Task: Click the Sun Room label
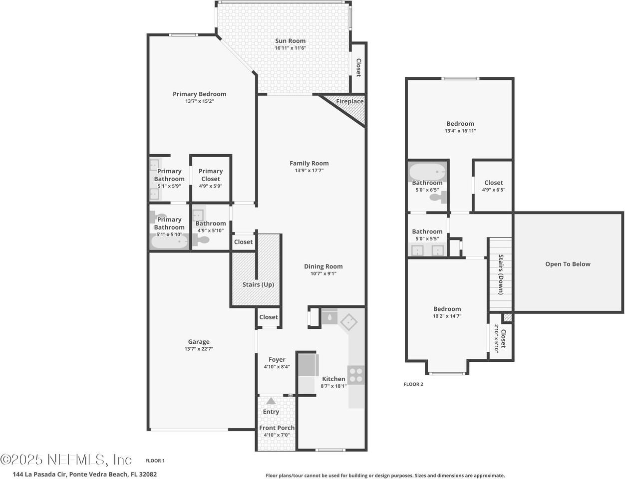point(290,41)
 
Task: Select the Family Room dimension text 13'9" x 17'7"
point(309,170)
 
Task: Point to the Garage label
point(199,342)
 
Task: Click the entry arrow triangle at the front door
point(271,401)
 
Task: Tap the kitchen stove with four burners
point(356,375)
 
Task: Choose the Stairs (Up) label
point(258,284)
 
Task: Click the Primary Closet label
point(211,175)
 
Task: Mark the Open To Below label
point(568,264)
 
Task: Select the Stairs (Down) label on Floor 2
point(501,274)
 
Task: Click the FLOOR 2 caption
point(413,384)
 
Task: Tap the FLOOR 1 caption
point(155,461)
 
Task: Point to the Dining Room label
point(323,266)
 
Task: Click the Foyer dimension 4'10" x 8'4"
point(277,367)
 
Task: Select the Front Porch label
point(277,428)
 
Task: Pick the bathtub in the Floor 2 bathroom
point(427,172)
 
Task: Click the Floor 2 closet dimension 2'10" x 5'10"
point(496,338)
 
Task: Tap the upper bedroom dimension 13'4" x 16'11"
point(460,131)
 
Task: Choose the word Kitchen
point(333,379)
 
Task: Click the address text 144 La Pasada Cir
point(40,474)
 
